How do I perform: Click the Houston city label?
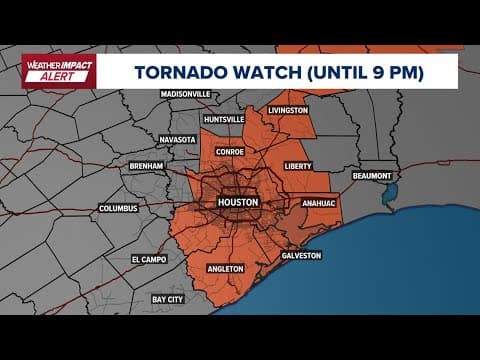pyautogui.click(x=238, y=202)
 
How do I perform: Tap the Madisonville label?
pyautogui.click(x=187, y=94)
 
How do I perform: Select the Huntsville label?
pyautogui.click(x=222, y=120)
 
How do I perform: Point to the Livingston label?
pyautogui.click(x=288, y=110)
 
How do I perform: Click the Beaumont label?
pyautogui.click(x=376, y=176)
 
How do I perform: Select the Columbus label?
pyautogui.click(x=117, y=209)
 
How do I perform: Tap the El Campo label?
pyautogui.click(x=149, y=259)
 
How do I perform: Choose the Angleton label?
pyautogui.click(x=225, y=269)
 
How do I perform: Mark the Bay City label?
pyautogui.click(x=168, y=298)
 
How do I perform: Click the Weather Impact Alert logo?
pyautogui.click(x=59, y=72)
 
